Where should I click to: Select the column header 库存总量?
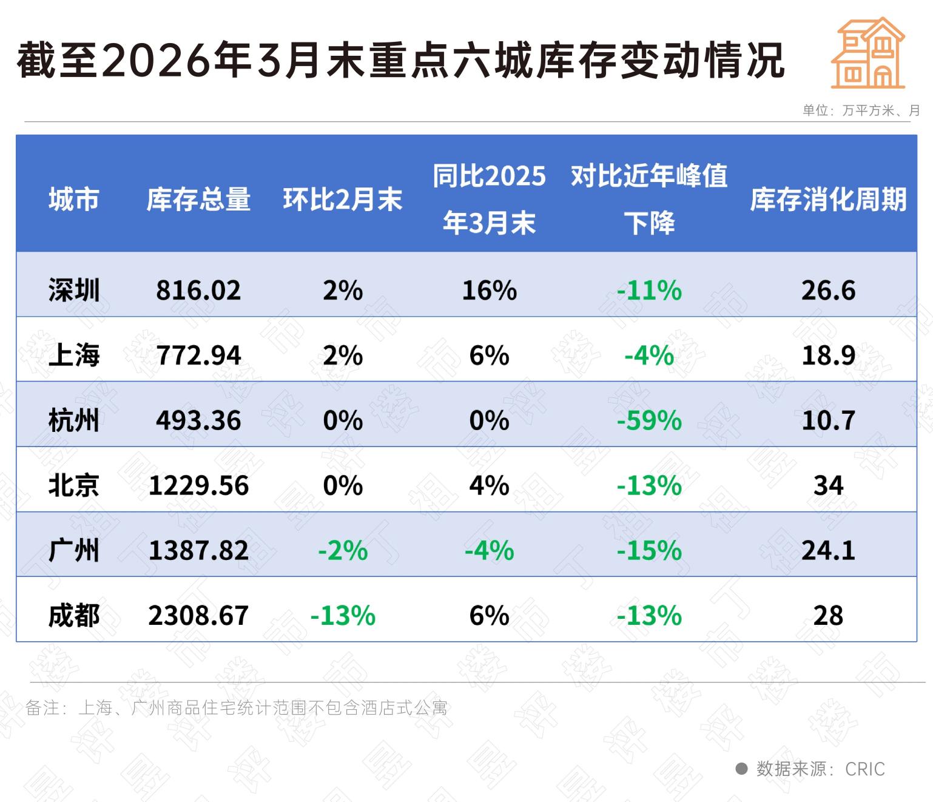click(x=198, y=200)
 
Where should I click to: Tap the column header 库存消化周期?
click(x=828, y=200)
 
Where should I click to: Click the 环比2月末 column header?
click(x=343, y=200)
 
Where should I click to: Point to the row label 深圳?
click(x=74, y=290)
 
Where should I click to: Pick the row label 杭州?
click(x=74, y=420)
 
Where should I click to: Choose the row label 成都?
click(x=74, y=615)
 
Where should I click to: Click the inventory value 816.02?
click(x=198, y=290)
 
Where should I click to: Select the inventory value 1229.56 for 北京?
click(x=198, y=485)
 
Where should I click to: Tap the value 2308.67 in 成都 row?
click(x=198, y=615)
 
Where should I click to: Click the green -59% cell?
click(x=649, y=420)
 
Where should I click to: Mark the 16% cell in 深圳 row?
click(x=489, y=290)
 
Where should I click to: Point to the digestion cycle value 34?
click(x=828, y=485)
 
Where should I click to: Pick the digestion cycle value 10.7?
click(x=828, y=420)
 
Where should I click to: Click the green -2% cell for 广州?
click(x=343, y=551)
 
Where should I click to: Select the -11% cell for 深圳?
click(x=649, y=290)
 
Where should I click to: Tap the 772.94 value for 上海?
click(x=198, y=355)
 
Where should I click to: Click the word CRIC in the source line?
click(x=864, y=769)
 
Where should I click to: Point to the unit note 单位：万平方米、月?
click(x=861, y=110)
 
